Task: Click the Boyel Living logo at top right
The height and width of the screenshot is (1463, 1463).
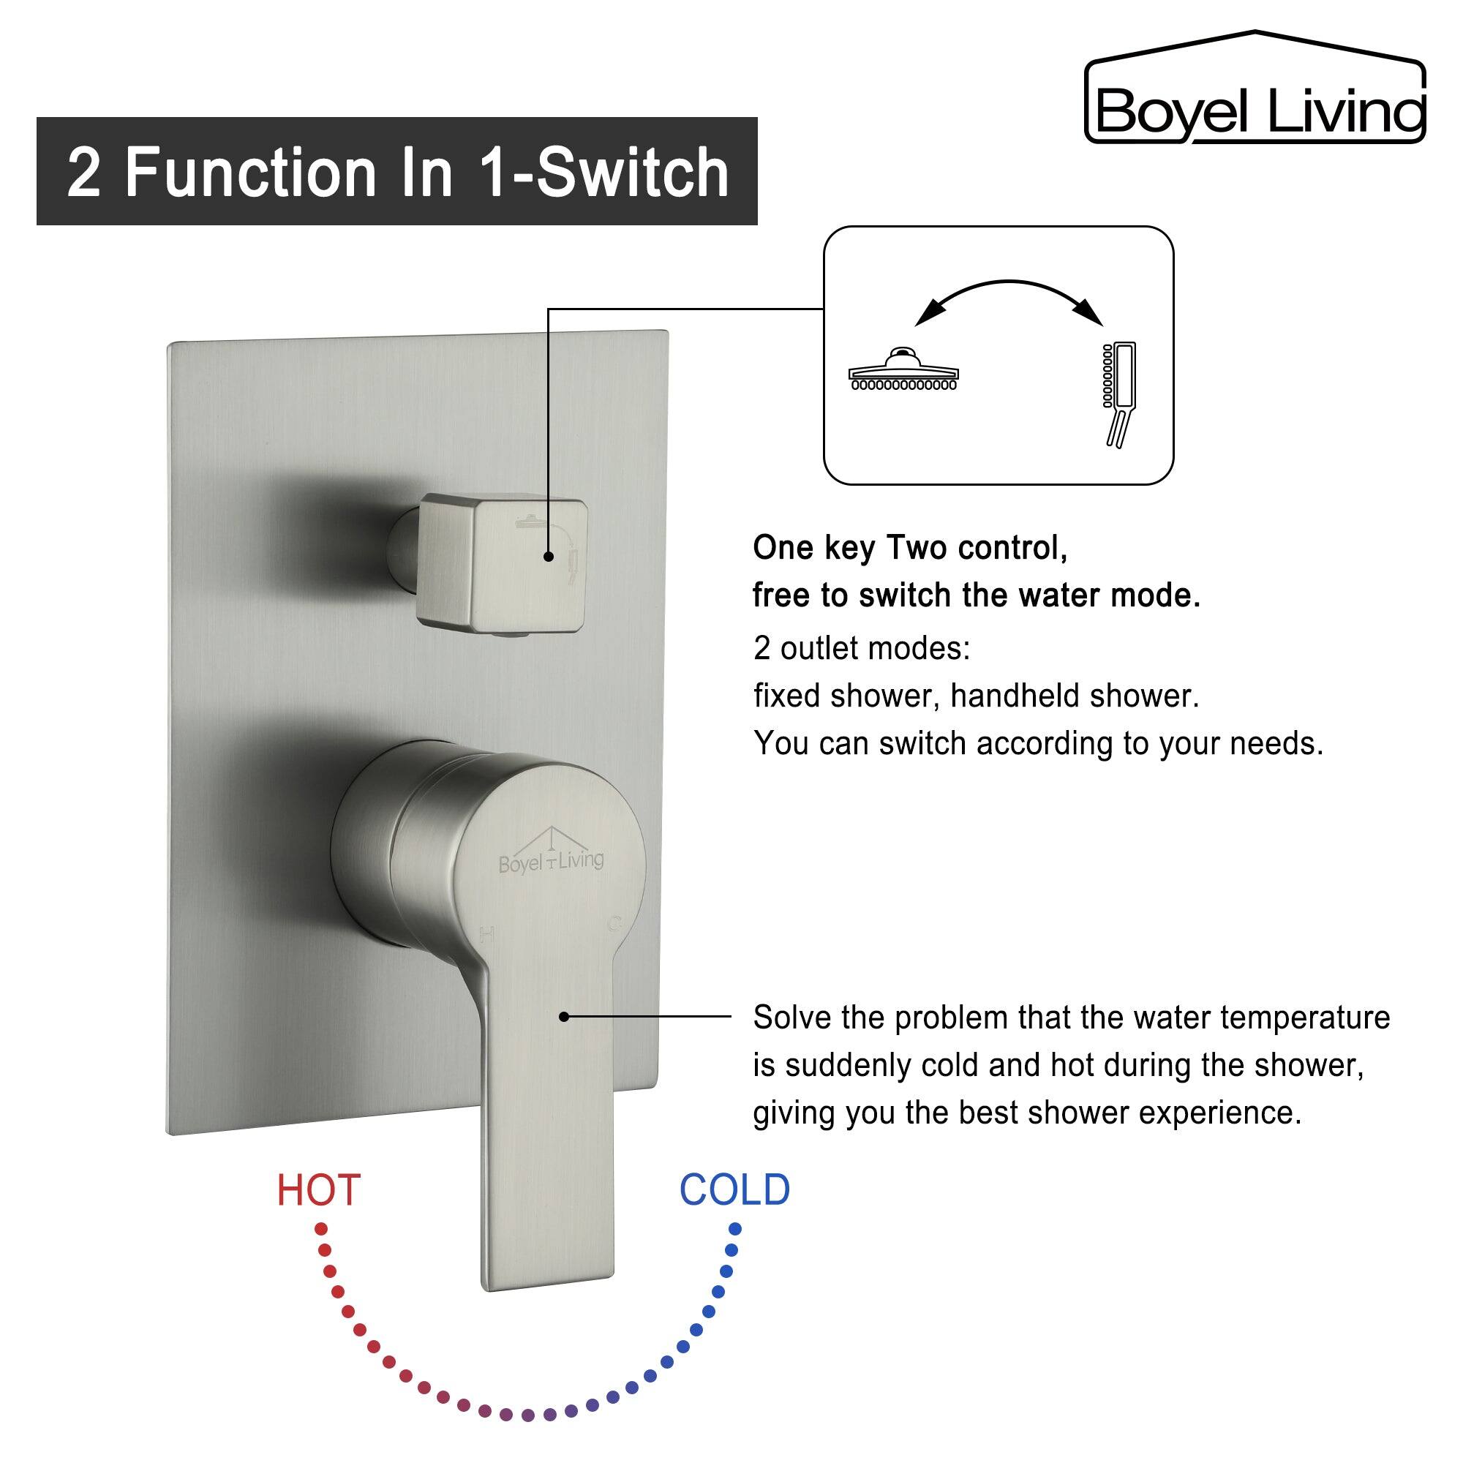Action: tap(1255, 91)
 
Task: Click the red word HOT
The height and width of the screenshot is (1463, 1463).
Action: tap(318, 1190)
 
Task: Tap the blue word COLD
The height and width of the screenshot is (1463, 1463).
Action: tap(734, 1190)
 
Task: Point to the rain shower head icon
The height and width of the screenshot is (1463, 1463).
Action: tap(903, 371)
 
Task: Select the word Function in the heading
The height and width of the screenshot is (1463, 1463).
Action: tap(251, 173)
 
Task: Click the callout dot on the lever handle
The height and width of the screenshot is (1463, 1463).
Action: tap(564, 1017)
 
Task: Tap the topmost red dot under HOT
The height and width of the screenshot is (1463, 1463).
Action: tap(321, 1227)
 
